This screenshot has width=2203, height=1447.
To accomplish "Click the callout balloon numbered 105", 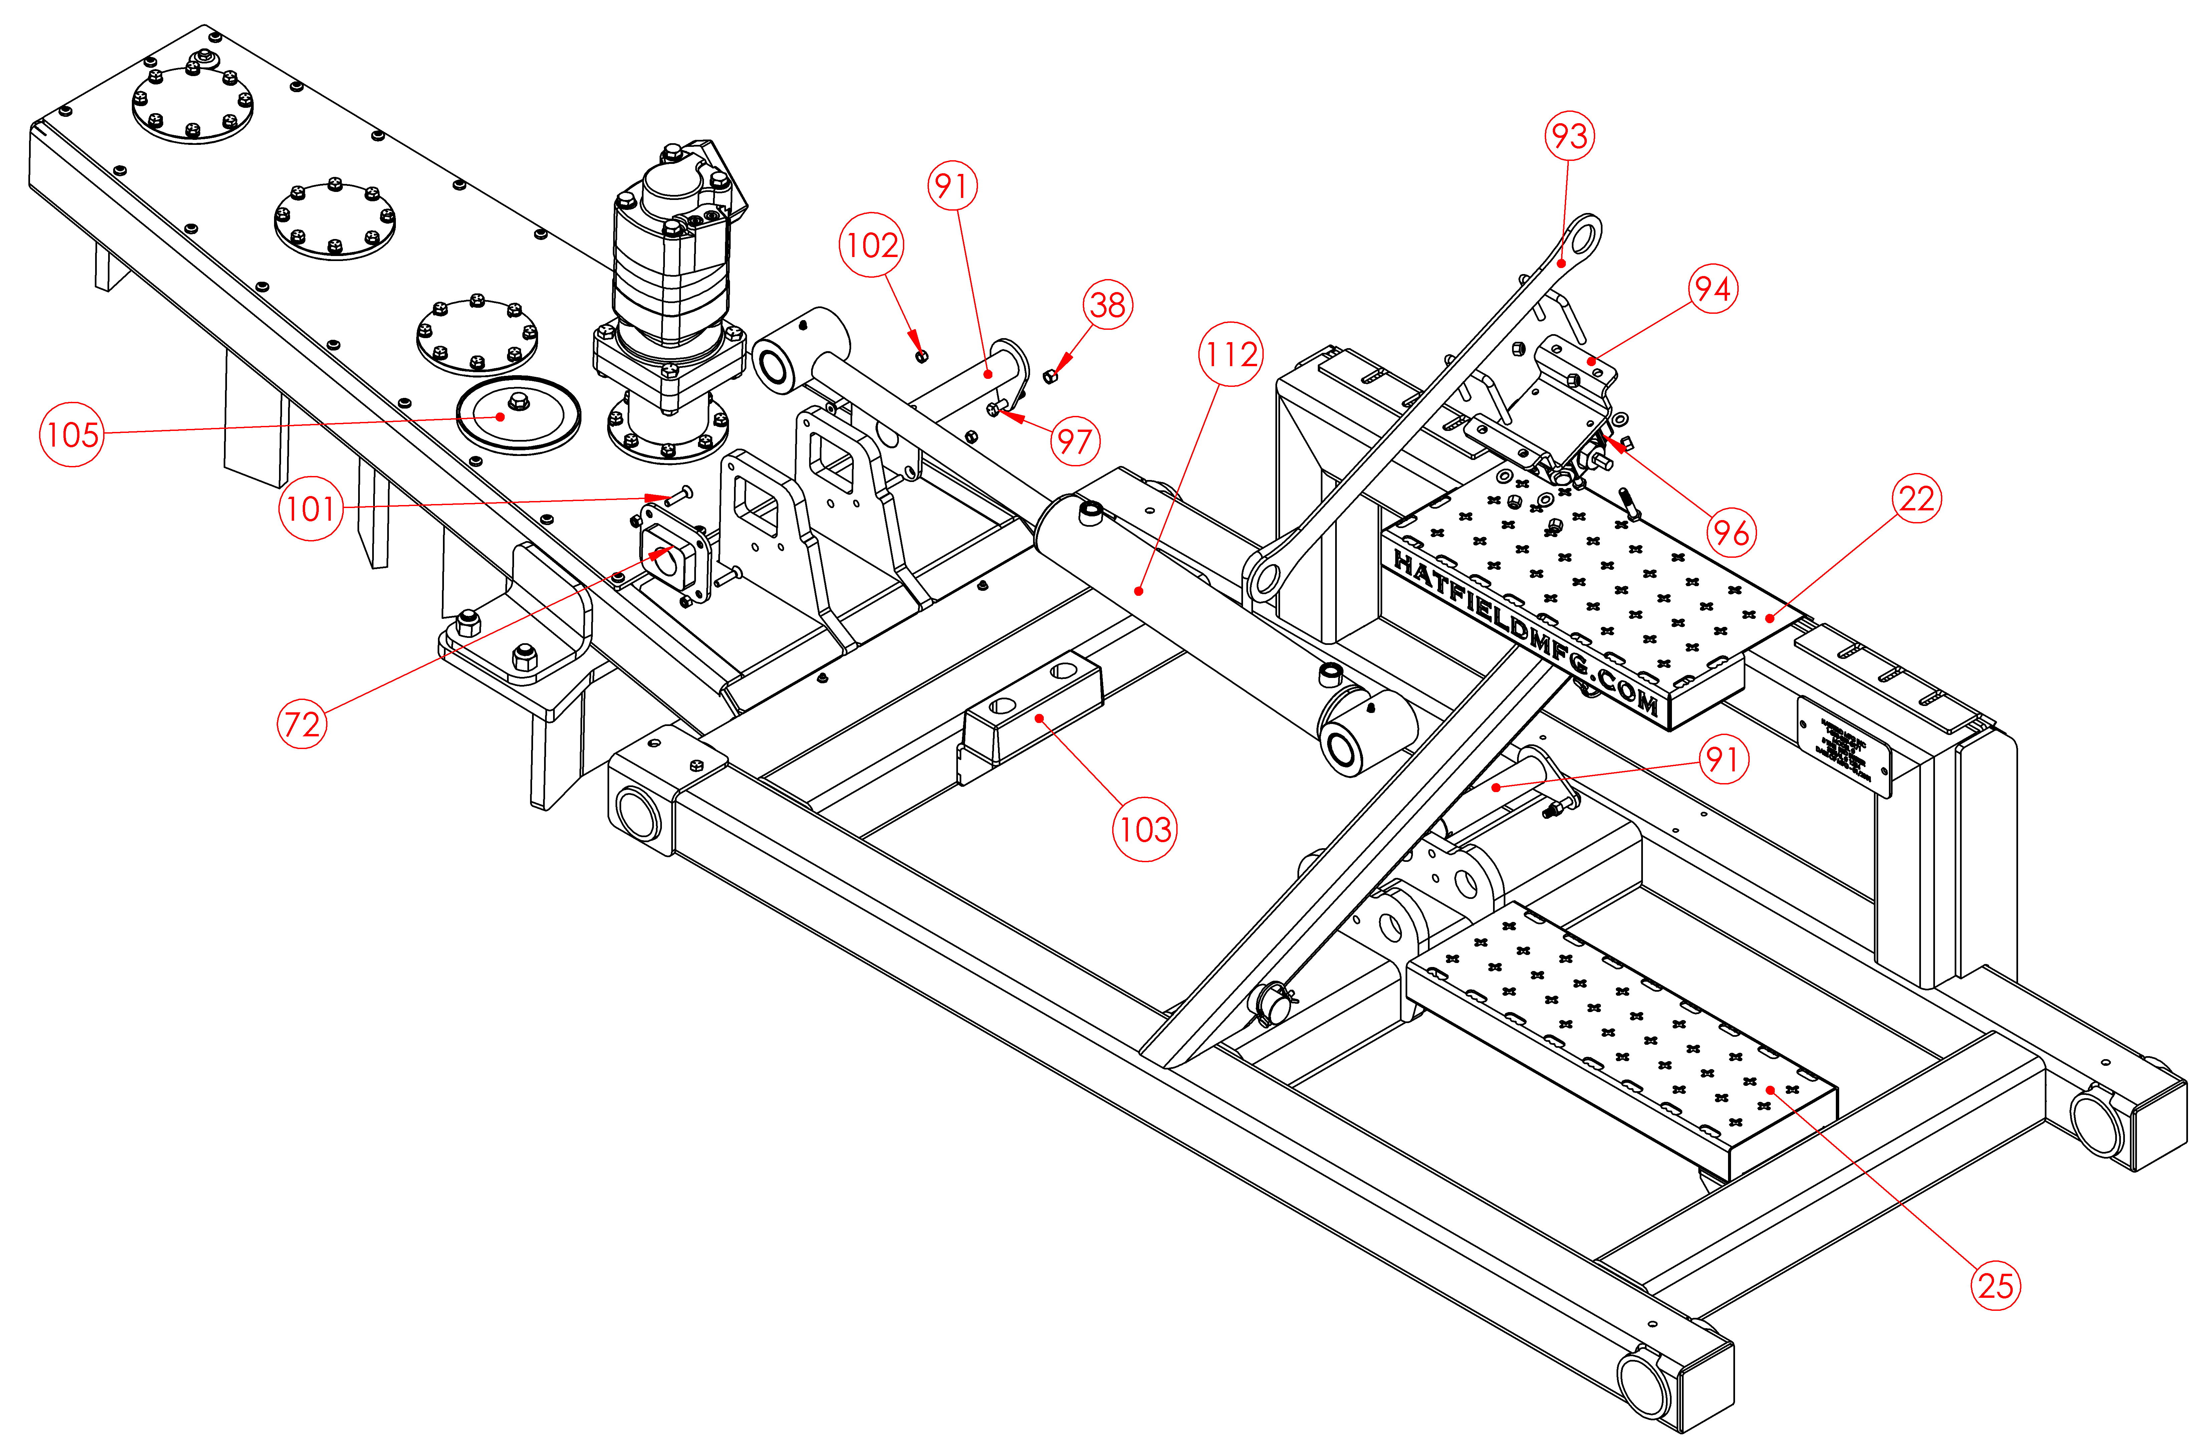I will point(71,434).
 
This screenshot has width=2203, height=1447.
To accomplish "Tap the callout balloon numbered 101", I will point(311,508).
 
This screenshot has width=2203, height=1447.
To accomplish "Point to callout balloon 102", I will point(871,245).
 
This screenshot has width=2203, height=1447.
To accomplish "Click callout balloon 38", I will point(1108,304).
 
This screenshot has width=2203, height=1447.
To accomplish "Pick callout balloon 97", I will point(1075,441).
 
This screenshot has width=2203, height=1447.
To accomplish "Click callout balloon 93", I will point(1570,136).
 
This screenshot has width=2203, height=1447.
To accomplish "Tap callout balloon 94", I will point(1712,289).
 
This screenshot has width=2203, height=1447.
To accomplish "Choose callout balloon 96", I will point(1731,532).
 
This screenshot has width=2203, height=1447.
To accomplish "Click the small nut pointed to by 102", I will point(921,356).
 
